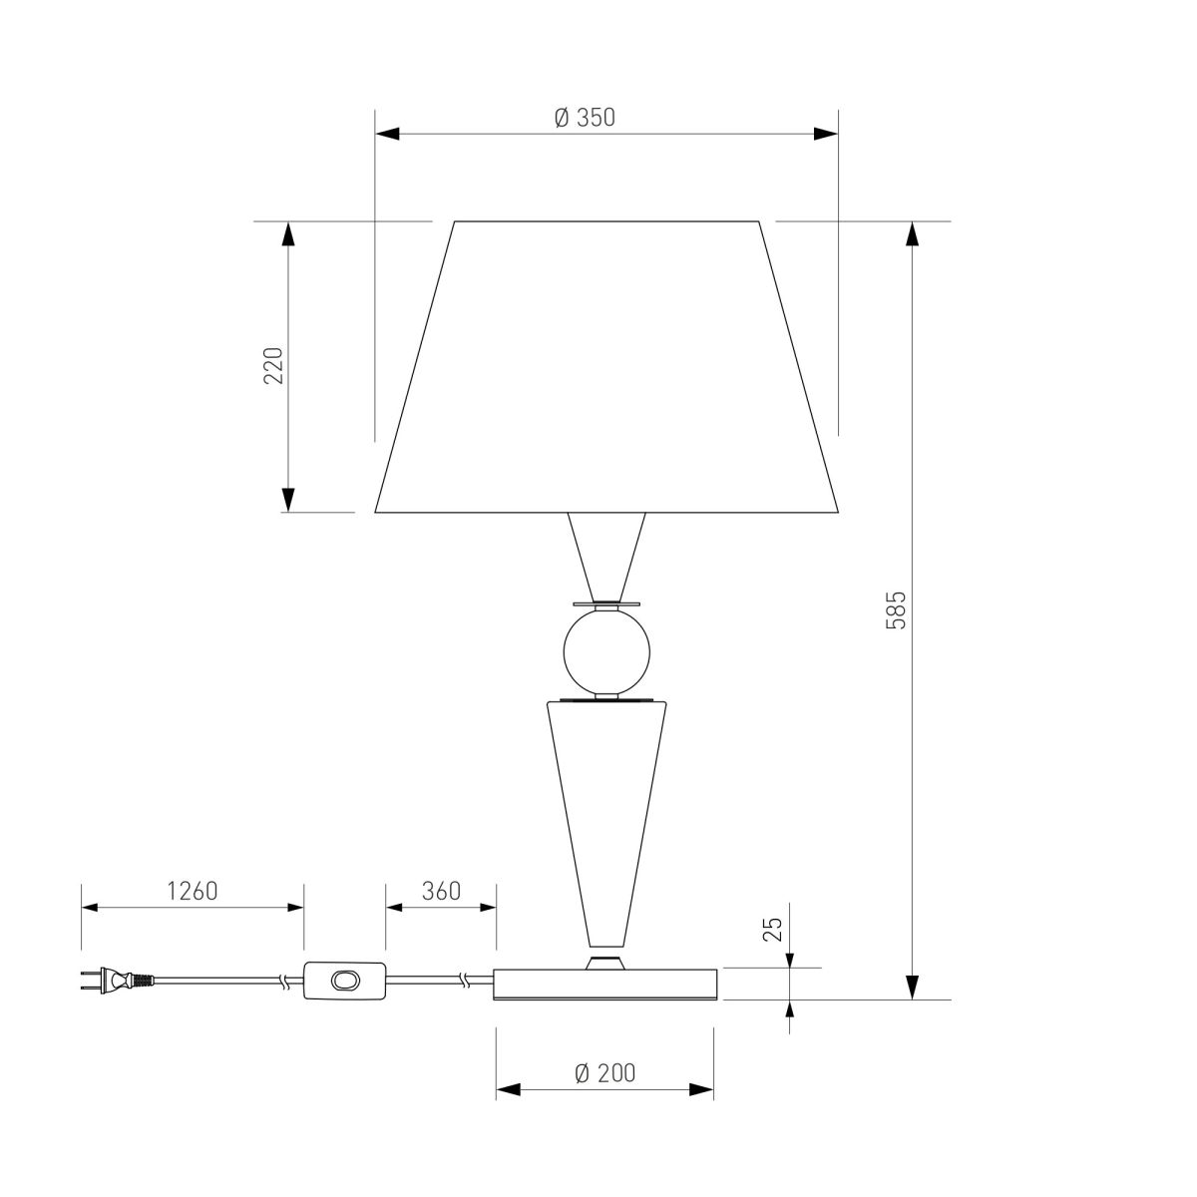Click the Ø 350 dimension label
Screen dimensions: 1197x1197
tap(585, 118)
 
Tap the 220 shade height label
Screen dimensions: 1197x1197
tap(273, 365)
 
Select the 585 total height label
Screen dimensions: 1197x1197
tap(895, 610)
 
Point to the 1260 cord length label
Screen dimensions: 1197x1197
tap(193, 892)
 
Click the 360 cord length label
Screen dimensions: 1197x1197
tap(441, 892)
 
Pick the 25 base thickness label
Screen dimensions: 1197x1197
tap(773, 930)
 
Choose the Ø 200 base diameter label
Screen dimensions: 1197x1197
tap(605, 1073)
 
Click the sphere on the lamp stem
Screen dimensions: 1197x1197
tap(606, 652)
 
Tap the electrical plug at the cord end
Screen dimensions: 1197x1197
tap(117, 981)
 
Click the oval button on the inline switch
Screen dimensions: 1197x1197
tap(345, 981)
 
